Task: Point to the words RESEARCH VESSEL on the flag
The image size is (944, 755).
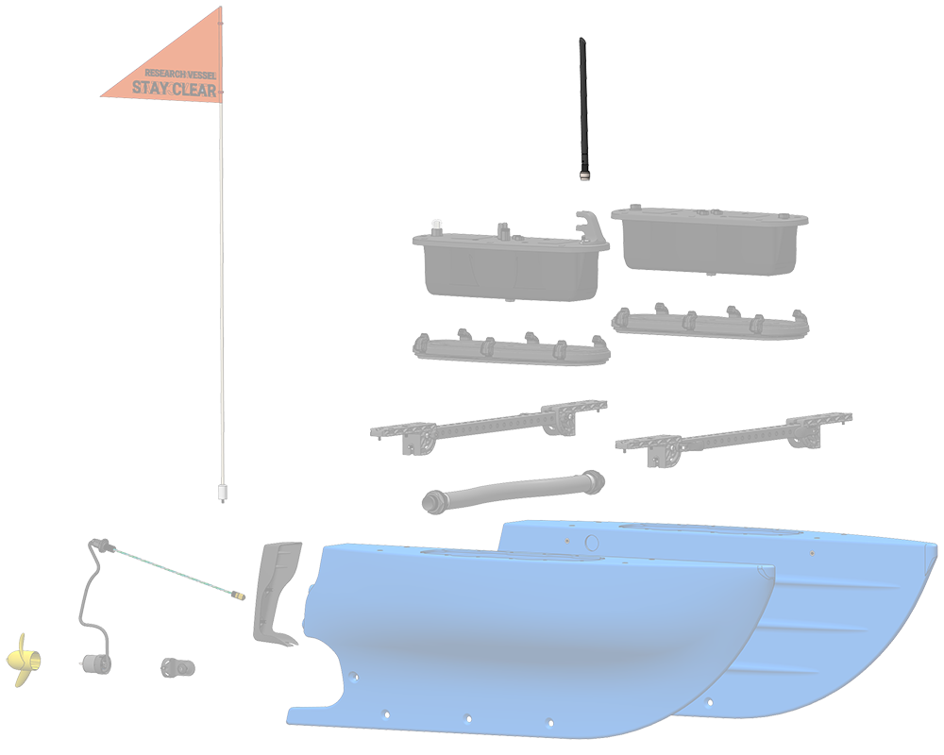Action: pyautogui.click(x=180, y=74)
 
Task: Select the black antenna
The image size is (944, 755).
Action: pyautogui.click(x=582, y=109)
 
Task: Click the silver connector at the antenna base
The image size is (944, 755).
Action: pyautogui.click(x=584, y=176)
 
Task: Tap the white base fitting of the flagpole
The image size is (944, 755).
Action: pyautogui.click(x=222, y=493)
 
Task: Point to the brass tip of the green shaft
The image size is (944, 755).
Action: pyautogui.click(x=239, y=596)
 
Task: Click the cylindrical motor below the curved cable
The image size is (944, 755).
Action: pyautogui.click(x=95, y=664)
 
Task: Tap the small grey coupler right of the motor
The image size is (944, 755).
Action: pyautogui.click(x=177, y=667)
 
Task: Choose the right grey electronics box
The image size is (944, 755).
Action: pyautogui.click(x=710, y=241)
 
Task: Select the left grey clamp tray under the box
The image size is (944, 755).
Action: pyautogui.click(x=511, y=348)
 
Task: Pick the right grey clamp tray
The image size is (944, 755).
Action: pyautogui.click(x=711, y=322)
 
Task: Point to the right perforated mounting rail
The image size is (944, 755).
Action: pyautogui.click(x=733, y=439)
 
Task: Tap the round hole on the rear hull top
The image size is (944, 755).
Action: pyautogui.click(x=592, y=543)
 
